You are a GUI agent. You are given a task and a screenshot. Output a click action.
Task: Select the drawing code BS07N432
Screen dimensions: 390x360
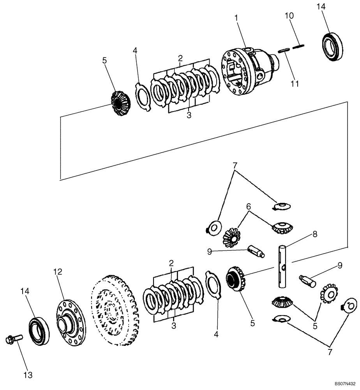345,384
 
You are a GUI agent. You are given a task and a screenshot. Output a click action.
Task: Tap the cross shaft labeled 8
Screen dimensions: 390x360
282,265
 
